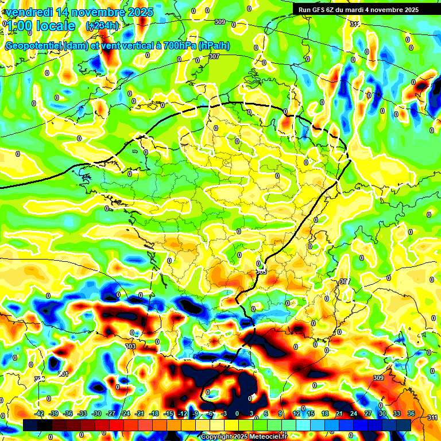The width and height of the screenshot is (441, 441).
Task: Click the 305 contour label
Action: (261, 270)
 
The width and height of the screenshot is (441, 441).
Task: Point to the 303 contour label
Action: (130, 346)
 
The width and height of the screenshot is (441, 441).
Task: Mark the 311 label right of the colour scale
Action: (433, 417)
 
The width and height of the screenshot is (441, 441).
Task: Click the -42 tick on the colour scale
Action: (40, 413)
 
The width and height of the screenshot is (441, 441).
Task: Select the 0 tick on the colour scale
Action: (237, 413)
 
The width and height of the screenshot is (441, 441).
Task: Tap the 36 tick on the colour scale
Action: (411, 413)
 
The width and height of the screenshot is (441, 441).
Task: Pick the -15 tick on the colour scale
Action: (169, 413)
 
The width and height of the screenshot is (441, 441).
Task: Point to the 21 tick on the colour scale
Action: (339, 413)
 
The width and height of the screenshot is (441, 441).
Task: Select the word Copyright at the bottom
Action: (216, 437)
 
